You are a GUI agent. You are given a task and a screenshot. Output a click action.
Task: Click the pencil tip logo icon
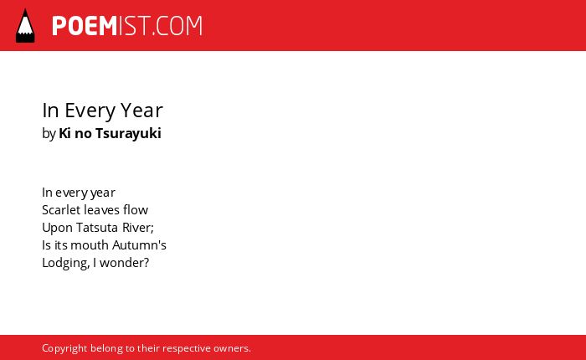(x=25, y=25)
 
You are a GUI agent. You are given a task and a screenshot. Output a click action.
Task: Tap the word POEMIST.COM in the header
(x=127, y=26)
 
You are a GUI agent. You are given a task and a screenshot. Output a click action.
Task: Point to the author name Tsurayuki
(x=128, y=134)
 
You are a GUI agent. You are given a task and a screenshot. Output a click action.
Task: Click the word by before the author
(x=49, y=134)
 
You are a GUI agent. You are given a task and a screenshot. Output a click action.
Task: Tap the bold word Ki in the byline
(x=64, y=133)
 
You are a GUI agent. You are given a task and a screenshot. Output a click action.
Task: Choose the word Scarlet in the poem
(x=61, y=210)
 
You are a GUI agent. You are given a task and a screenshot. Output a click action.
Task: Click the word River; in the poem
(x=138, y=228)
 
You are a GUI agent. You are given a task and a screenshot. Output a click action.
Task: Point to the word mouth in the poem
(x=90, y=245)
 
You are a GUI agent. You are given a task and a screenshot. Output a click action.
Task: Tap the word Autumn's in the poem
(x=140, y=245)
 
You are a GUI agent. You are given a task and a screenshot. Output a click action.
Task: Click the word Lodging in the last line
(x=66, y=263)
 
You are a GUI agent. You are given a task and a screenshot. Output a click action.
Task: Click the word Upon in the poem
(x=57, y=229)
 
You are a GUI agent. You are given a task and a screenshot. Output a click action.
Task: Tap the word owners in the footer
(x=230, y=349)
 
